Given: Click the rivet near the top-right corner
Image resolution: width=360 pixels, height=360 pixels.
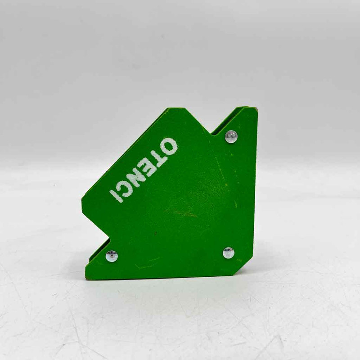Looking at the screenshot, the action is pyautogui.click(x=231, y=137).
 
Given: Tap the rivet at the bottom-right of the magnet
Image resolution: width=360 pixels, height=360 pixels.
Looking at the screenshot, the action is pyautogui.click(x=229, y=253).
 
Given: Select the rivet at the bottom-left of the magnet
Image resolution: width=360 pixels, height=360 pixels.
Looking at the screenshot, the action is pyautogui.click(x=112, y=256).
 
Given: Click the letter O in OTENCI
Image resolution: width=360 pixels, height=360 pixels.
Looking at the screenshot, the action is pyautogui.click(x=168, y=147).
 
